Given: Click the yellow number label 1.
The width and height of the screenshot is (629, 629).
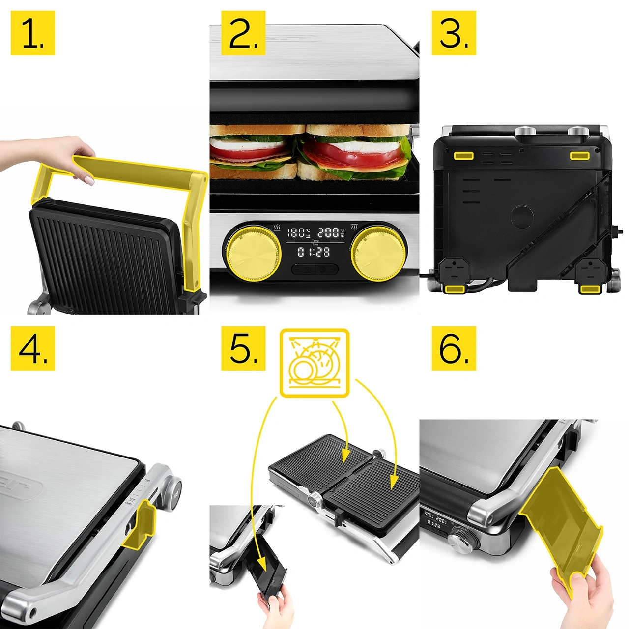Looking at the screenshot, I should click(32, 33).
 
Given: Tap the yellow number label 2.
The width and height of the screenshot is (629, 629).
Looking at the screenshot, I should click(243, 33).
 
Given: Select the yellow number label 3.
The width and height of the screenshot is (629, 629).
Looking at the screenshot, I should click(454, 33).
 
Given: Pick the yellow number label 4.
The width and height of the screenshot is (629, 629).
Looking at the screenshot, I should click(32, 348).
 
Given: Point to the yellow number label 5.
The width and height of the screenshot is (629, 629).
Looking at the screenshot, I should click(243, 348).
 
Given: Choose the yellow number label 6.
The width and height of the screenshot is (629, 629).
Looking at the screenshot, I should click(454, 348).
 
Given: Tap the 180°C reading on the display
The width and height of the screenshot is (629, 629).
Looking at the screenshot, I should click(298, 233).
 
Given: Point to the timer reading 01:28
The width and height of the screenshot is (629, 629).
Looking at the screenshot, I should click(314, 252).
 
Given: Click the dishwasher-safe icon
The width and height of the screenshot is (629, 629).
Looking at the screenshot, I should click(314, 363).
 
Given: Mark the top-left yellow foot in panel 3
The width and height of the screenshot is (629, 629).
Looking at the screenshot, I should click(463, 156).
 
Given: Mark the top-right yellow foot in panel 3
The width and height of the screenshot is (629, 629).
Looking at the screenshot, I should click(579, 156).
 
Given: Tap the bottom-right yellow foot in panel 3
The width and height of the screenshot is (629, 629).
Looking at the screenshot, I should click(590, 289).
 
